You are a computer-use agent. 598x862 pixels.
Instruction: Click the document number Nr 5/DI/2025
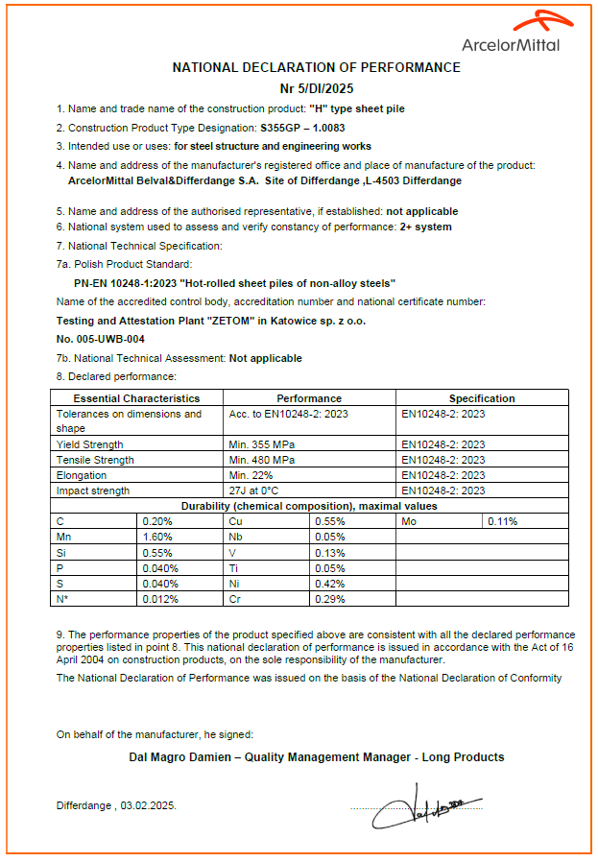[x=316, y=86]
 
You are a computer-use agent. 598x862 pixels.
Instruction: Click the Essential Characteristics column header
[x=136, y=398]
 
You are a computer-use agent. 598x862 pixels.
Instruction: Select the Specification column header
[x=482, y=398]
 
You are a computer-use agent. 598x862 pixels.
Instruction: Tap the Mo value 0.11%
[x=503, y=521]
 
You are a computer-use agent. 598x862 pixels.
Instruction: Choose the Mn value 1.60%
[x=157, y=538]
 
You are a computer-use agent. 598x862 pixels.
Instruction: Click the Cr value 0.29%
[x=328, y=599]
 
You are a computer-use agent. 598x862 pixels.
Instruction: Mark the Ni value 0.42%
[x=328, y=584]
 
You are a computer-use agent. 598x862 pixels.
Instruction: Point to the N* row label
[x=63, y=599]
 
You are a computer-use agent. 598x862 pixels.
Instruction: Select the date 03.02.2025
[x=149, y=806]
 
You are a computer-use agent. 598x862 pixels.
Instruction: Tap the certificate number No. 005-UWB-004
[x=101, y=339]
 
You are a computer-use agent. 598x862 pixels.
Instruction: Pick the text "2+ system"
[x=425, y=227]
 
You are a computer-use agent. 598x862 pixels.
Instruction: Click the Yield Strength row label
[x=90, y=444]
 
